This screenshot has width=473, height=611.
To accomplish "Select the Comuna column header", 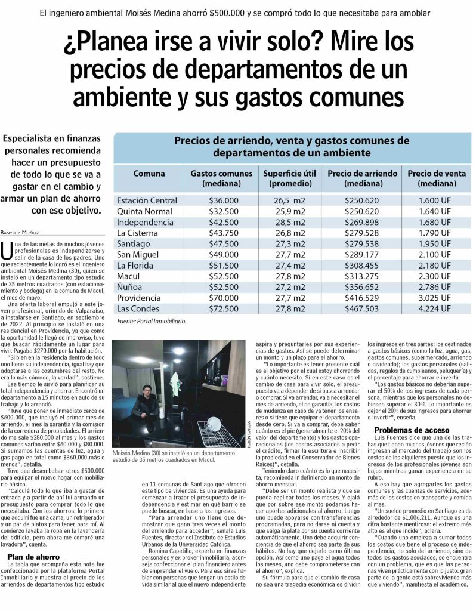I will point(149,174).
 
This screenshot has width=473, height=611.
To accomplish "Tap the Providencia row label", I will point(139,298).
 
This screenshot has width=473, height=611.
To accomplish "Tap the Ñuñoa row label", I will point(131,287).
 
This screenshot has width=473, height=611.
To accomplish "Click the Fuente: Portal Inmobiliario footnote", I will point(152,321).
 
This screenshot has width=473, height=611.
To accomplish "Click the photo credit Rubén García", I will point(248,406).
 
